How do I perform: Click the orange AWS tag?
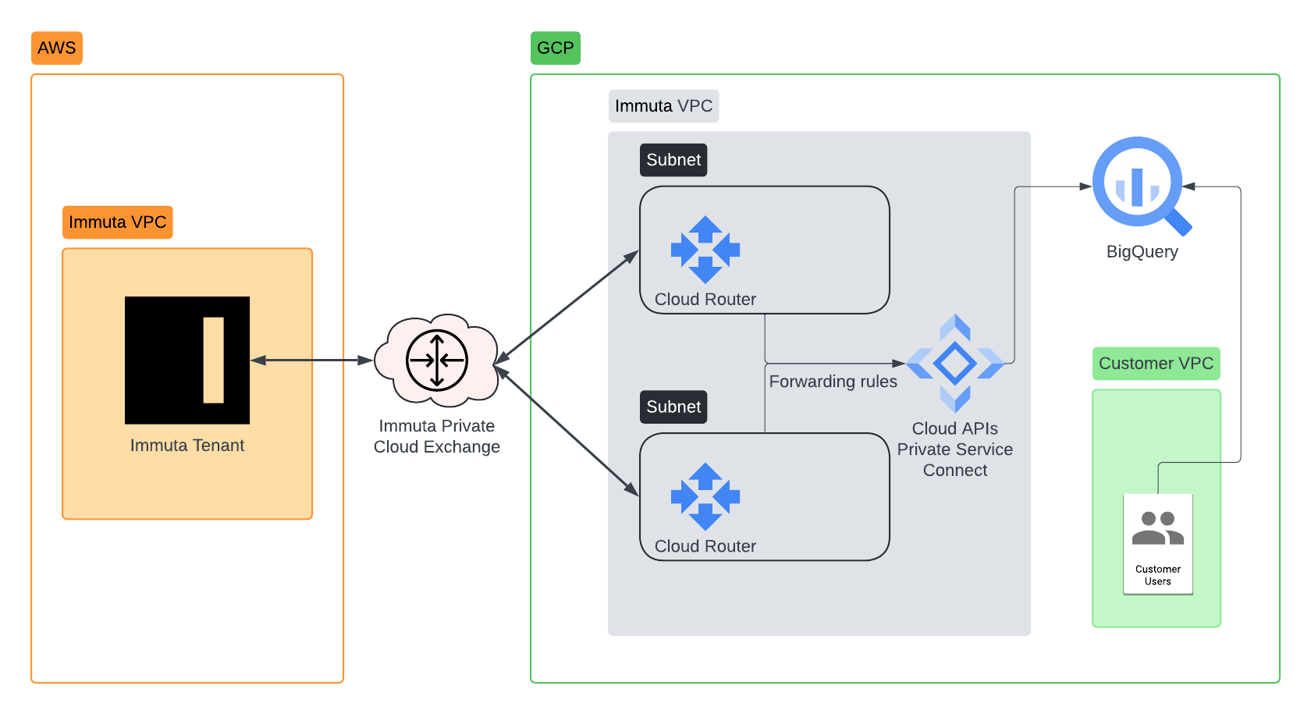[x=56, y=48]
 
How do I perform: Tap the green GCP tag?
[x=555, y=48]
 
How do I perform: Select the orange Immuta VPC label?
[x=117, y=222]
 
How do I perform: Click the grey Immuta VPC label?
[x=663, y=106]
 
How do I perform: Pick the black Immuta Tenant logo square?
[x=187, y=360]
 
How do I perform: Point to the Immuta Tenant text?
[x=187, y=446]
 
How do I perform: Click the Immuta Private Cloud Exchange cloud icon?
[x=436, y=361]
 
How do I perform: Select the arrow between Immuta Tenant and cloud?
[x=312, y=361]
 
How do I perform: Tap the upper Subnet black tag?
[x=673, y=160]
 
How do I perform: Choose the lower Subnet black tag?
[x=673, y=407]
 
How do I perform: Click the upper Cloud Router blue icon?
[x=705, y=250]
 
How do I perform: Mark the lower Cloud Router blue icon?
[x=705, y=497]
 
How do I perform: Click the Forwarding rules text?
[x=833, y=382]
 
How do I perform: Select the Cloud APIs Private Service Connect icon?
[x=955, y=364]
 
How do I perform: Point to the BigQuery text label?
[x=1142, y=252]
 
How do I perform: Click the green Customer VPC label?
[x=1156, y=364]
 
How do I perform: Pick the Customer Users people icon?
[x=1158, y=528]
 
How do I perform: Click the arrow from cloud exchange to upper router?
[x=567, y=307]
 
